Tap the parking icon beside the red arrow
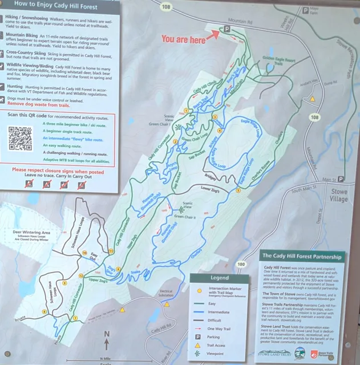click(x=226, y=29)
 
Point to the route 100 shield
click(x=241, y=264)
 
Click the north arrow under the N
click(x=107, y=344)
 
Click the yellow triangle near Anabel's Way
click(x=313, y=99)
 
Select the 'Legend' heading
click(x=219, y=278)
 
